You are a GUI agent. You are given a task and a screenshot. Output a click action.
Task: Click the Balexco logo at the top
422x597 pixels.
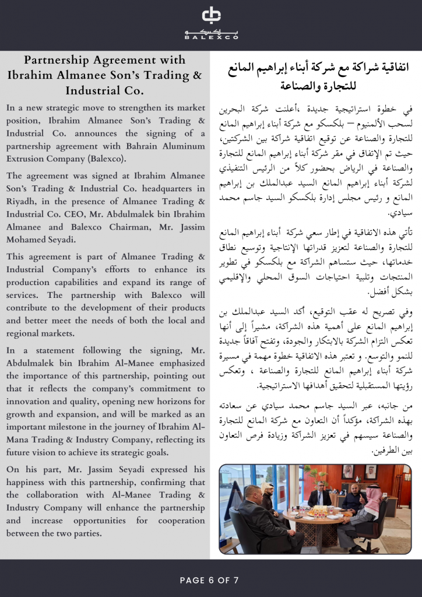coord(211,23)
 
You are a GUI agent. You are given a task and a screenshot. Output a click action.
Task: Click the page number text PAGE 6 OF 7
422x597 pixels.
coord(210,580)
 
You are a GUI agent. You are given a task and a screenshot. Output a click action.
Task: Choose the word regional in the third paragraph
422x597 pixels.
coord(26,333)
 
